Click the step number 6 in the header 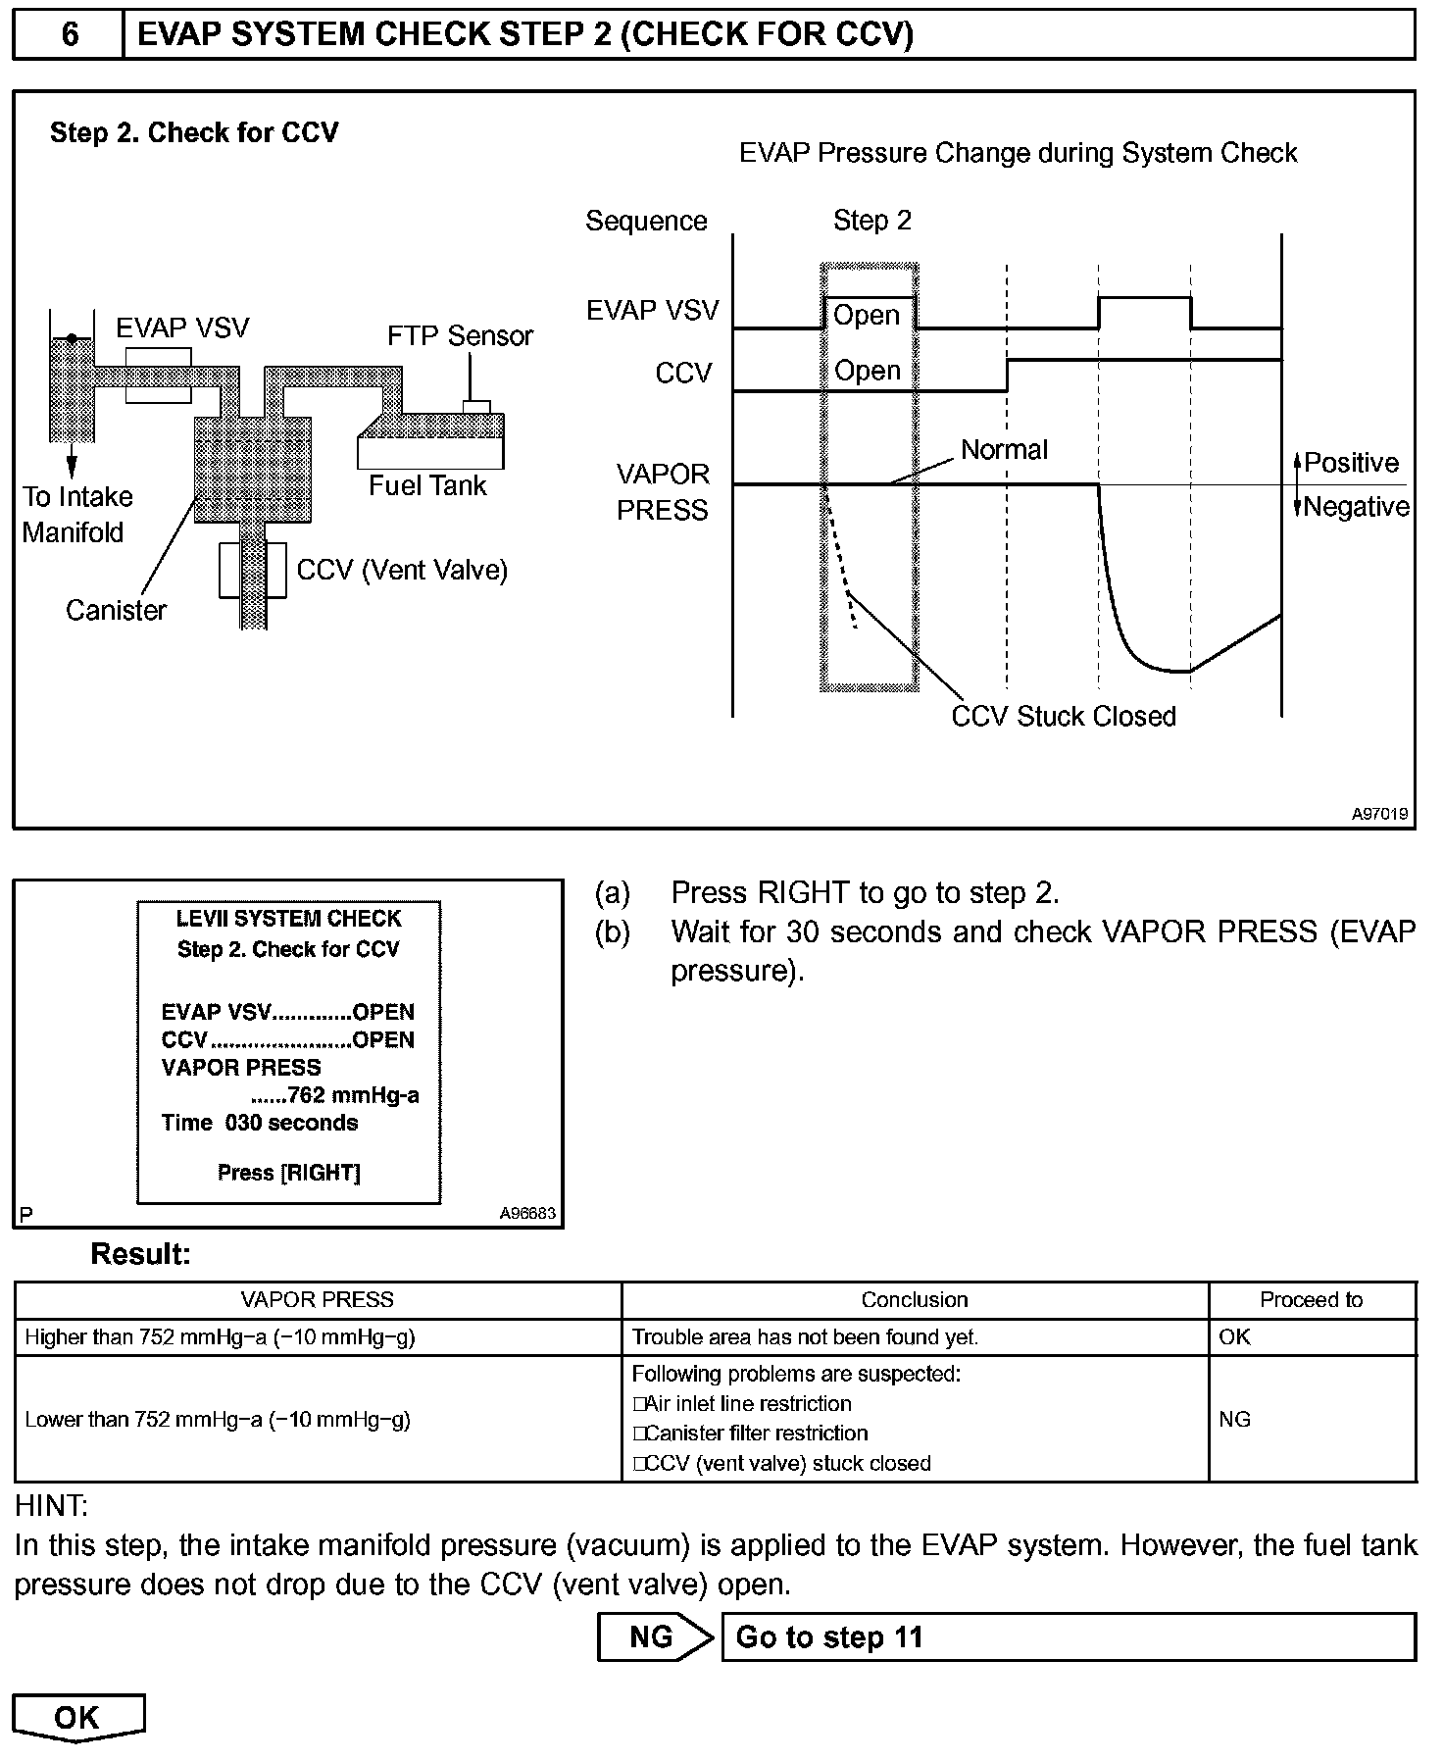[70, 35]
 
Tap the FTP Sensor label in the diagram [460, 336]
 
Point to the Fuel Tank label [427, 485]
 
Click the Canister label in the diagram [116, 610]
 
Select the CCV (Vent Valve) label [402, 570]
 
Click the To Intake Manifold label [76, 515]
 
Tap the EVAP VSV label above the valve [182, 327]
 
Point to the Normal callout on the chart [1004, 449]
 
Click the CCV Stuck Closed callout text [1064, 716]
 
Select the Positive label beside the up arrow [1351, 463]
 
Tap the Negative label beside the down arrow [1357, 507]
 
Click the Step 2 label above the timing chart [871, 221]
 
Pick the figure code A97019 [1379, 813]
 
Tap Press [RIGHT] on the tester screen [288, 1173]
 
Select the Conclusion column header [915, 1300]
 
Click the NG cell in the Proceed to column [1235, 1419]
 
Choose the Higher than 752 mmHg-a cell [220, 1337]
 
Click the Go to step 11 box [1068, 1637]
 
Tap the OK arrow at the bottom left [77, 1718]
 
